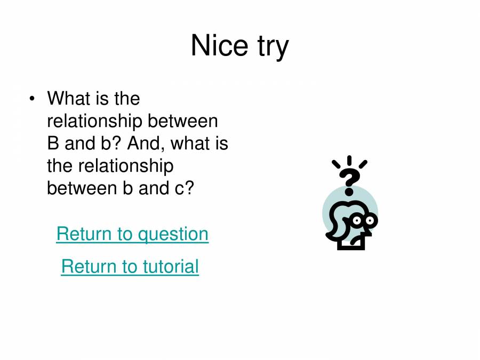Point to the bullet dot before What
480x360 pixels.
coord(33,99)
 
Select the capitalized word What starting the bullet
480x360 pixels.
coord(68,99)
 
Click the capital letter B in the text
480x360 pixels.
coord(53,144)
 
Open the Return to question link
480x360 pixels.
coord(132,234)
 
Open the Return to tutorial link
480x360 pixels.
coord(130,266)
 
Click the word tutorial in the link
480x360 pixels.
coord(171,266)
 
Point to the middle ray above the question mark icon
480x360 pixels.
coord(349,161)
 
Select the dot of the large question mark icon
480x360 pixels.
coord(350,191)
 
